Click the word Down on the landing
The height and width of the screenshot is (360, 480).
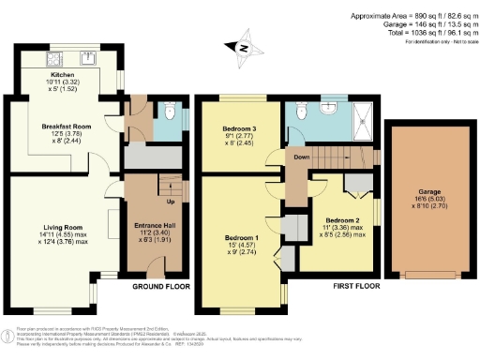pos(300,157)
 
